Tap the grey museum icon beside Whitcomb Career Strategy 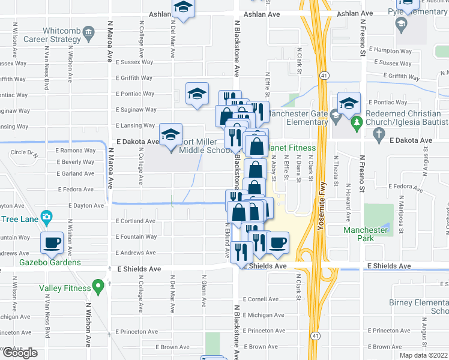pos(89,31)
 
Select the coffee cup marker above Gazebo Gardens pos(52,242)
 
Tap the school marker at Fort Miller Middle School pos(170,134)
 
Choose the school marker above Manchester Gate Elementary pos(349,103)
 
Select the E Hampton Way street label pos(390,50)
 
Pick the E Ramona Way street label pos(75,151)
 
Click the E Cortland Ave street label pos(135,221)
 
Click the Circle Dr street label pos(23,152)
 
